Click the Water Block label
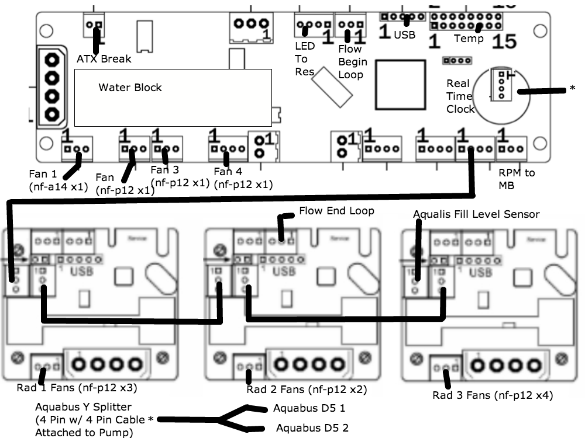(130, 88)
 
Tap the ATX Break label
(104, 58)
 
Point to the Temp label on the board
(469, 39)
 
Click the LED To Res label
(304, 59)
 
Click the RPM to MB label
(516, 178)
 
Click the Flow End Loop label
(336, 210)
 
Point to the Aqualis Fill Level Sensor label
(476, 214)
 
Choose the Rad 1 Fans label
(77, 387)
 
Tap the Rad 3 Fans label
(492, 395)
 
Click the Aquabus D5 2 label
(312, 428)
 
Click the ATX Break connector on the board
(94, 25)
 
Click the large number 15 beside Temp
(504, 41)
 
